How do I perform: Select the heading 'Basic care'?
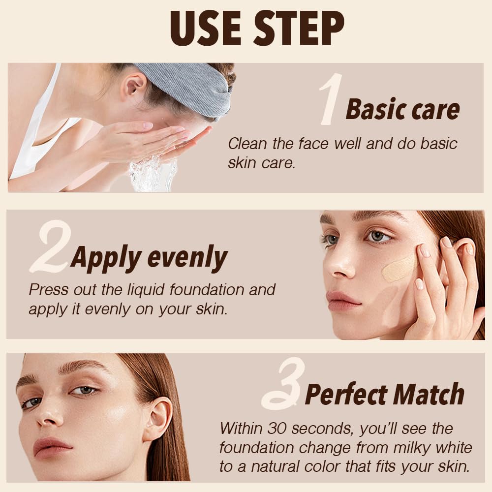pos(402,109)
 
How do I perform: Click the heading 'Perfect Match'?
pos(385,394)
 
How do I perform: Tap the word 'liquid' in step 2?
pos(142,289)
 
